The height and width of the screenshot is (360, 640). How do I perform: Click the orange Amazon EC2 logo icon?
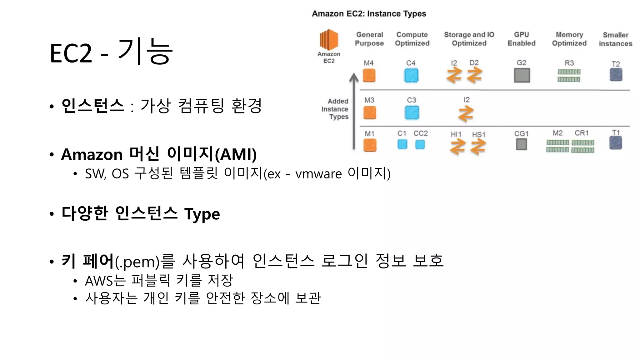coord(329,40)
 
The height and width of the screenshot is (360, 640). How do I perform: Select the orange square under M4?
coord(369,76)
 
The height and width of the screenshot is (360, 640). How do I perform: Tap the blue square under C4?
coord(411,76)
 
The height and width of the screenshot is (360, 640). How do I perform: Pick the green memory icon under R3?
coord(569,76)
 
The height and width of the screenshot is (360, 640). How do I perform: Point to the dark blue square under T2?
coord(616,75)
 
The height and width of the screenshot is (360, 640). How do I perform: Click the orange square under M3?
coord(370,113)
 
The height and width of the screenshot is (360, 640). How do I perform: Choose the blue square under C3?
coord(412,113)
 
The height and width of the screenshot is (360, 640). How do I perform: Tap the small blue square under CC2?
coord(420,144)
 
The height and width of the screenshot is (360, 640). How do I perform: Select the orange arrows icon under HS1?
coord(478,147)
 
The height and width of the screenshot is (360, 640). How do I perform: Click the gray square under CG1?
coord(522,144)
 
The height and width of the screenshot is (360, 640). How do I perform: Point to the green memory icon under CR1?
coord(583,147)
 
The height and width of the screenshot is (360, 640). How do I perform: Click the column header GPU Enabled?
coord(522,39)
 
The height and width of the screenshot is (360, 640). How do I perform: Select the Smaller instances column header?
coord(616,39)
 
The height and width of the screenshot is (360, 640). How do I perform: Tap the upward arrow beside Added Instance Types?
coord(354,111)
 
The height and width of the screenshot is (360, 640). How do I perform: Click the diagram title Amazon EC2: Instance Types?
coord(369,14)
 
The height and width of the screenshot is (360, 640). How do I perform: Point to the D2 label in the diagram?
coord(474,63)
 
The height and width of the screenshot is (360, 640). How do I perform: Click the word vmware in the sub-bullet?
coord(318,174)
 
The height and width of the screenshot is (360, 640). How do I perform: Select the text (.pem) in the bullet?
coord(137,262)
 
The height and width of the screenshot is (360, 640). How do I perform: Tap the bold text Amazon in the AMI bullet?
coord(92,155)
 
